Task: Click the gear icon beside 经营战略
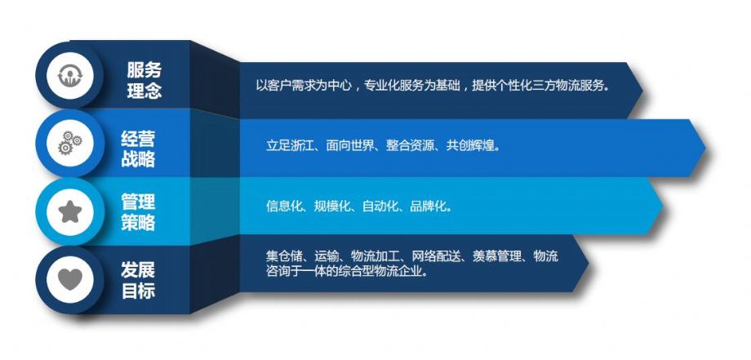(x=70, y=143)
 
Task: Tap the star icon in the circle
(x=70, y=211)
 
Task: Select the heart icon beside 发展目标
(x=70, y=279)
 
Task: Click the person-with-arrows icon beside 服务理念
(x=70, y=75)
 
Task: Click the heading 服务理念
(x=144, y=80)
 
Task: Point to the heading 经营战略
(x=138, y=149)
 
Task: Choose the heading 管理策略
(x=138, y=212)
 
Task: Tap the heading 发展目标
(x=138, y=281)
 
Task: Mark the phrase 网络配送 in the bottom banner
(x=435, y=256)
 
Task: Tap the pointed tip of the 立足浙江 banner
(x=705, y=148)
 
